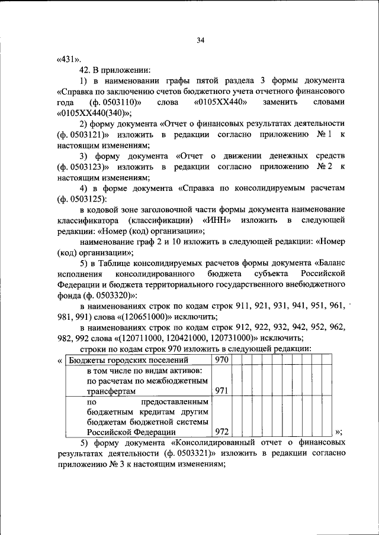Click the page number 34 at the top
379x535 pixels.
click(200, 40)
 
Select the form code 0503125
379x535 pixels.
click(81, 199)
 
